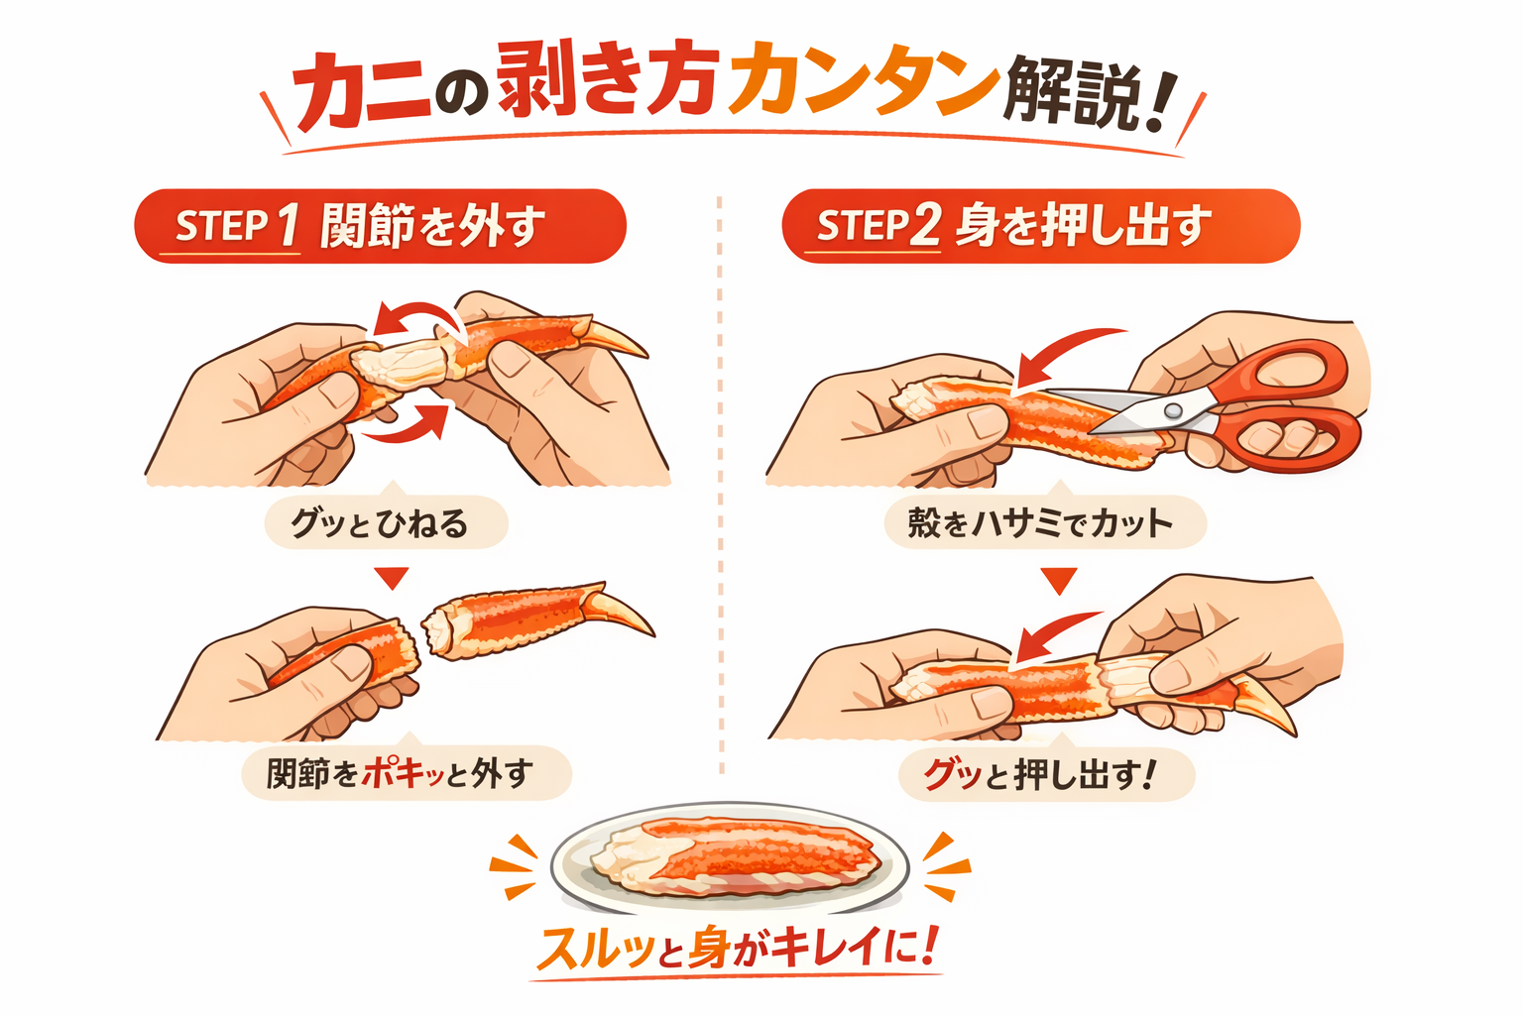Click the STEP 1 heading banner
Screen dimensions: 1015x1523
[380, 226]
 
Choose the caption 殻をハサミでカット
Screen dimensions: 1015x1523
[1044, 522]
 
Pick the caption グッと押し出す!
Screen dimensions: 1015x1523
[1045, 774]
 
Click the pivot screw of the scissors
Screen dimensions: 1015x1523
[1173, 409]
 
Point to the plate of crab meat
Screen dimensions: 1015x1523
[729, 857]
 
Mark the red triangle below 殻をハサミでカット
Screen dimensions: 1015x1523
[1058, 579]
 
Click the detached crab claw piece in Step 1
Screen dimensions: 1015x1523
[535, 619]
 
